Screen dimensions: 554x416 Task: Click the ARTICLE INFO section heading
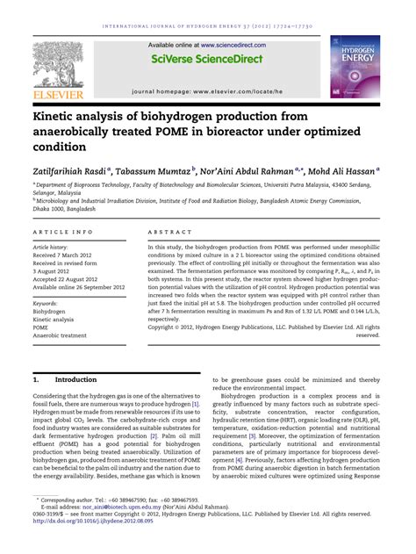[x=63, y=232]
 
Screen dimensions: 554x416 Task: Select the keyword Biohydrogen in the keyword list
[x=52, y=311]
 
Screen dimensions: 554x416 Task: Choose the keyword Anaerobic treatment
[x=60, y=335]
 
